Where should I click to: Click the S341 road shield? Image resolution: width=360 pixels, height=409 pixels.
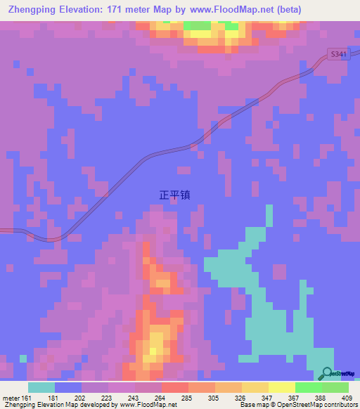pos(338,53)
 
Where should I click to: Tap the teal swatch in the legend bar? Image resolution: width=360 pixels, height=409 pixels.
pos(41,387)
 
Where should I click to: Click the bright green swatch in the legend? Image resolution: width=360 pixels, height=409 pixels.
pos(308,387)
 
